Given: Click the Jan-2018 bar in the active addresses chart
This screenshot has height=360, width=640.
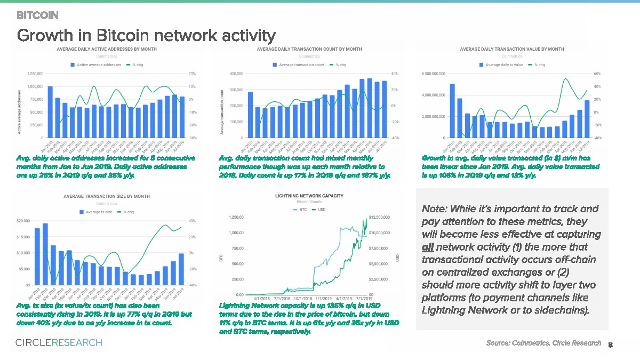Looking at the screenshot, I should [x=50, y=112].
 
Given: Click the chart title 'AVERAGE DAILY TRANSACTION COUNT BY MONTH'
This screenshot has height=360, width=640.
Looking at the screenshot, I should [x=309, y=49].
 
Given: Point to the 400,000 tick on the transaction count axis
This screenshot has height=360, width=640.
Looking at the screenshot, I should [x=235, y=74].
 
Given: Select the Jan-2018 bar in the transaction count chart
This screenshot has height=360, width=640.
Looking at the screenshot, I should [x=250, y=115].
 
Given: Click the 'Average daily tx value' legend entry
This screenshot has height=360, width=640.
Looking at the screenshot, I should [x=501, y=65].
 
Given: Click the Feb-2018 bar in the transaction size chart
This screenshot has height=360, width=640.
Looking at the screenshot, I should [x=45, y=254].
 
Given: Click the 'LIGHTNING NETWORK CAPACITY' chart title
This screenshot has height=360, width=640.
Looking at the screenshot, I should [x=309, y=196].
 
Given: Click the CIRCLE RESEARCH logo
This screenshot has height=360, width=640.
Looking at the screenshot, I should [x=59, y=342].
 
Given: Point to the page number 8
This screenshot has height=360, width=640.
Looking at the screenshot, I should [x=610, y=345].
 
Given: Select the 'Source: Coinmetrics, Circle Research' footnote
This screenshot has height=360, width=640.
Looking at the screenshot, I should [x=543, y=343].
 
